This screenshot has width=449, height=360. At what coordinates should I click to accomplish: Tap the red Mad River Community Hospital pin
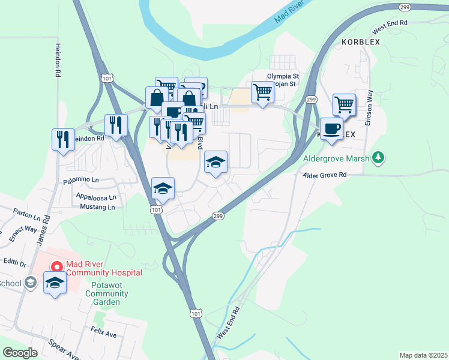pos(56,266)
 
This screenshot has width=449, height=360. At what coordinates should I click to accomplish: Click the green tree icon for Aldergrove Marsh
pos(378,158)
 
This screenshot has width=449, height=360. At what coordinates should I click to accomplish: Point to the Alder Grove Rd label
pos(325,175)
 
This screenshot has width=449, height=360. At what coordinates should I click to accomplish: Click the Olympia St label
pos(282,76)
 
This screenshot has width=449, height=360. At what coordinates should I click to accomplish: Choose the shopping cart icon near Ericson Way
pos(344,104)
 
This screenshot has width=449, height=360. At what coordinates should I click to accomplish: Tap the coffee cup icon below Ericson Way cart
pos(331,128)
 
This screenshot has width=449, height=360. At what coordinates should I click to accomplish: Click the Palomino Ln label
pos(80,180)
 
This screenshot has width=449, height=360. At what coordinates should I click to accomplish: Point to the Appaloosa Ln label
pos(95,196)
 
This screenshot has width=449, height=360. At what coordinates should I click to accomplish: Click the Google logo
pos(20,353)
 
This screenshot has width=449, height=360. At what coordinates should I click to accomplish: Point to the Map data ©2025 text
pos(423,355)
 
